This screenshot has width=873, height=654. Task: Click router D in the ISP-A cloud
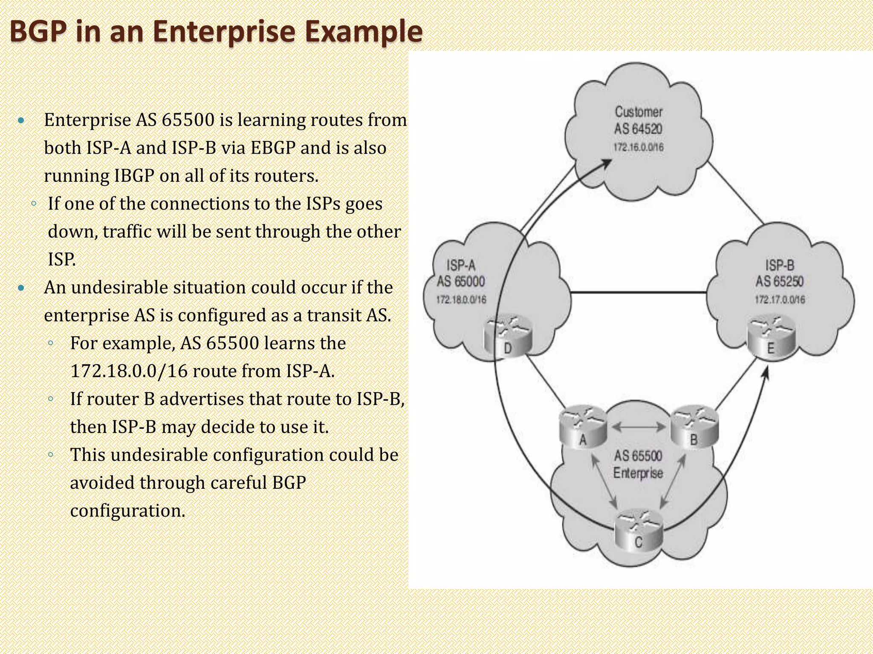click(x=508, y=336)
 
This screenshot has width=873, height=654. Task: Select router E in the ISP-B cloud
click(x=771, y=336)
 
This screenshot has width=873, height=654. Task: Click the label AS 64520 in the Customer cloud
click(x=638, y=129)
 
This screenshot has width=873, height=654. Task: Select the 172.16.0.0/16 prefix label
click(x=638, y=147)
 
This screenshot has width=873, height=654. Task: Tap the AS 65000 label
click(x=461, y=281)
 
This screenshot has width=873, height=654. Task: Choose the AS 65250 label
click(x=780, y=281)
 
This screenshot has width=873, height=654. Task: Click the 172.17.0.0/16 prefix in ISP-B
click(x=780, y=300)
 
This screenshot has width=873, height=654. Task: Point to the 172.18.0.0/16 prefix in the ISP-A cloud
click(x=461, y=300)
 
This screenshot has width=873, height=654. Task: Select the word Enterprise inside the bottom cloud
click(x=638, y=473)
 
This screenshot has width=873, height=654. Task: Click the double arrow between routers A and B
click(x=639, y=426)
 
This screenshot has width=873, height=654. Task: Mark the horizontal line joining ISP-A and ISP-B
click(x=638, y=293)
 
